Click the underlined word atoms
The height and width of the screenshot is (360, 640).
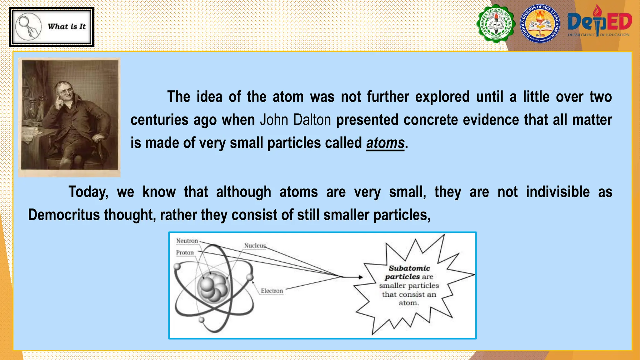pyautogui.click(x=385, y=143)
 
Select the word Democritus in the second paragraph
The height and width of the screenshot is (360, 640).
pyautogui.click(x=64, y=215)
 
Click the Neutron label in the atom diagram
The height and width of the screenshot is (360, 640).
pyautogui.click(x=187, y=241)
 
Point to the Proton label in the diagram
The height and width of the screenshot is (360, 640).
pyautogui.click(x=185, y=252)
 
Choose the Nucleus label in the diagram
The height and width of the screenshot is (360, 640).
pyautogui.click(x=255, y=246)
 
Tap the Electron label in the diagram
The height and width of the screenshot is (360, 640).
pyautogui.click(x=272, y=291)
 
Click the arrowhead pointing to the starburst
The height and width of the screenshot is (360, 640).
pyautogui.click(x=360, y=277)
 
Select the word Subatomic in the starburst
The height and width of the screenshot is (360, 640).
pyautogui.click(x=409, y=268)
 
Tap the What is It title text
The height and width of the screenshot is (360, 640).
pyautogui.click(x=67, y=27)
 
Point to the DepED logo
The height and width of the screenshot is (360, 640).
pyautogui.click(x=599, y=22)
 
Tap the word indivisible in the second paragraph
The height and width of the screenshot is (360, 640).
pyautogui.click(x=557, y=192)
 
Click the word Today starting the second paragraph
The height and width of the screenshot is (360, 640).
pyautogui.click(x=88, y=192)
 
